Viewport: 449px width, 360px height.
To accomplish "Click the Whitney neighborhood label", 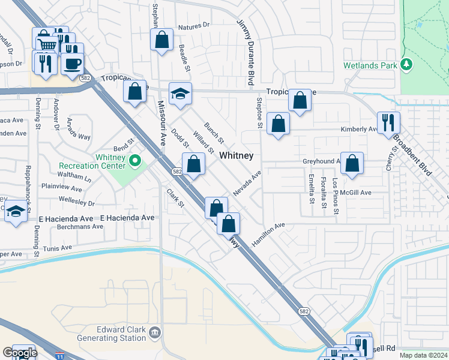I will coord(236,155).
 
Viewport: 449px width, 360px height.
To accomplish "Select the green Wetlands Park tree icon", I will coord(407,64).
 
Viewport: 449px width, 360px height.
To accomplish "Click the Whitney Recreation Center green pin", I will coord(135,160).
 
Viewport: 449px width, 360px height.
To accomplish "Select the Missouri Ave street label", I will coord(161,122).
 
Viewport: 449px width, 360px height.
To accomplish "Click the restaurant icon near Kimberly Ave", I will coord(389,122).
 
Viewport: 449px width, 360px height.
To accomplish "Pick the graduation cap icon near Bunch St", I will coord(179,93).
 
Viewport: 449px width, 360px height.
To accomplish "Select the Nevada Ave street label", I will coord(248,182).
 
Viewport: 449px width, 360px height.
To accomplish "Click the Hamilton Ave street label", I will coord(268,233).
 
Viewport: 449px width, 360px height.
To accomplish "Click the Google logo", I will coord(19,353).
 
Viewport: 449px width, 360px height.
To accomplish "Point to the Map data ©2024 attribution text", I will coord(423,355).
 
